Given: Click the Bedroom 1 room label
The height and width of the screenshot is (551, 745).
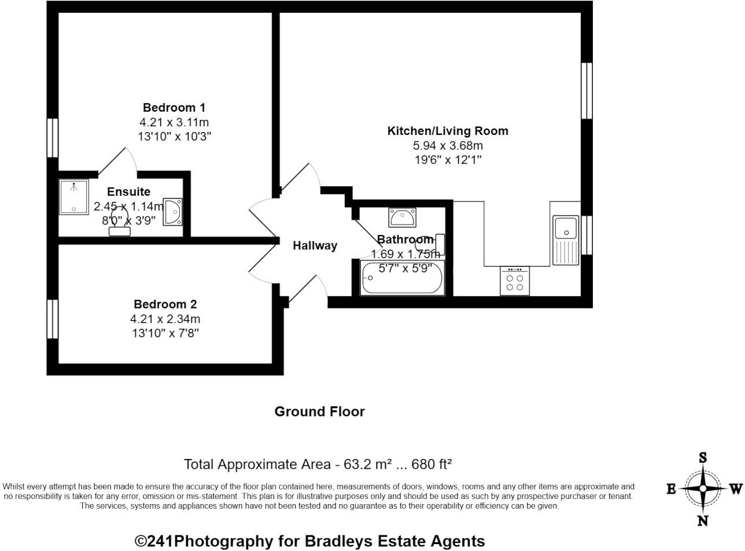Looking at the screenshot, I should pyautogui.click(x=174, y=108).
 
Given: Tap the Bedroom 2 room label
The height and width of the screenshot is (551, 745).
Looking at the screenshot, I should pyautogui.click(x=165, y=304).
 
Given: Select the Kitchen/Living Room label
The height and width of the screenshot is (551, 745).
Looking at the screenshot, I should pyautogui.click(x=448, y=131).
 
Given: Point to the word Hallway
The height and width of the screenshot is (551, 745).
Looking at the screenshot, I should pyautogui.click(x=315, y=245).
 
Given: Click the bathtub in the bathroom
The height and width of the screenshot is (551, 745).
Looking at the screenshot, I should pyautogui.click(x=403, y=278).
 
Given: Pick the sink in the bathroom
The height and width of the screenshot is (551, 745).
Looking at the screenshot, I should pyautogui.click(x=402, y=218).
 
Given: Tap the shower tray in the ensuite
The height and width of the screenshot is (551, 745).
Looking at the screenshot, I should pyautogui.click(x=74, y=197).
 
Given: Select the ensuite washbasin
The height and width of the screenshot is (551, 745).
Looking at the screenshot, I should pyautogui.click(x=172, y=212).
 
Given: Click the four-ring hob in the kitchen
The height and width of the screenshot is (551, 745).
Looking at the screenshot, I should pyautogui.click(x=515, y=281).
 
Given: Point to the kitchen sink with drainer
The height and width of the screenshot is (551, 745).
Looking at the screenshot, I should pyautogui.click(x=566, y=240).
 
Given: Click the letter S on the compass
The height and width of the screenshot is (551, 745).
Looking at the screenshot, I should pyautogui.click(x=703, y=458).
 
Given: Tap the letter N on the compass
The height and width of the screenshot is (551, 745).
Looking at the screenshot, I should pyautogui.click(x=703, y=520).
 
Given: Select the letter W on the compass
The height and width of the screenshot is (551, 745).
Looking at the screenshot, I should pyautogui.click(x=735, y=489).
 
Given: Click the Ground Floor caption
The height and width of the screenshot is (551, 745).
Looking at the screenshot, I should pyautogui.click(x=319, y=412).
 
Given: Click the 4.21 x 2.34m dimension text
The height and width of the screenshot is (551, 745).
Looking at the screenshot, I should pyautogui.click(x=165, y=319).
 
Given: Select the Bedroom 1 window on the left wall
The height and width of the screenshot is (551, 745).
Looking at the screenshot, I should pyautogui.click(x=53, y=138).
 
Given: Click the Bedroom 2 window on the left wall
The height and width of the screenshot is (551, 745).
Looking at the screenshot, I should pyautogui.click(x=53, y=318).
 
